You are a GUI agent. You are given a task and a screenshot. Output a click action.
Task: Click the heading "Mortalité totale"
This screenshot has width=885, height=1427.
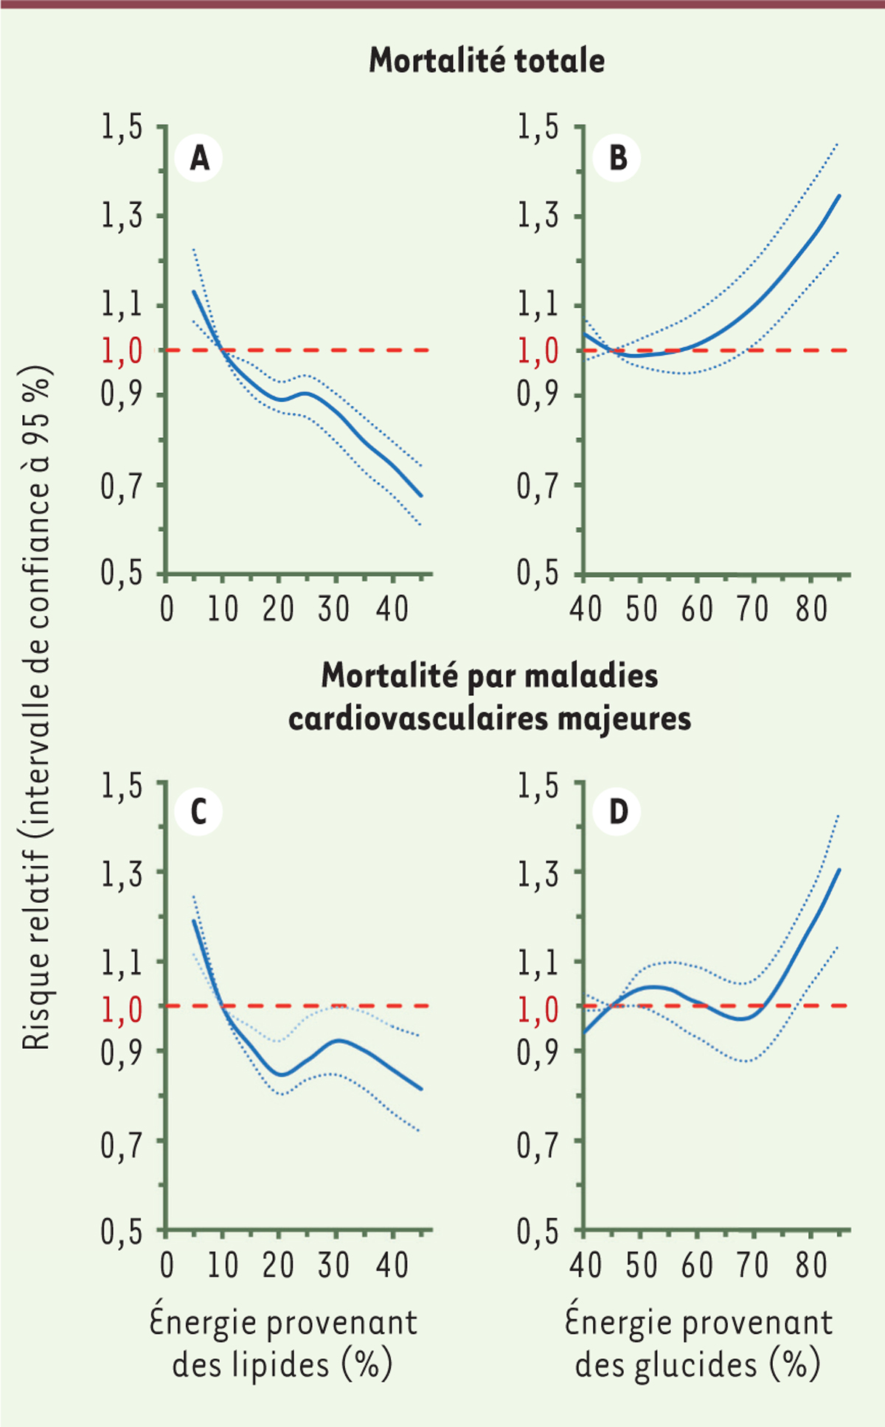487,60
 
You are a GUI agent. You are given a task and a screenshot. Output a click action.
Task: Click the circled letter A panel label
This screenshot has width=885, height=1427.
199,158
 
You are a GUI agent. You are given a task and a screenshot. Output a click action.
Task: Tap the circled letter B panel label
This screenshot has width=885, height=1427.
617,158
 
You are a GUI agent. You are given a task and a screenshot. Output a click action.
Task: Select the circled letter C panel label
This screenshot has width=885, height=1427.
198,812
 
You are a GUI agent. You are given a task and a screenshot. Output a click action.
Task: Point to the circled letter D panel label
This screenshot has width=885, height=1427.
617,812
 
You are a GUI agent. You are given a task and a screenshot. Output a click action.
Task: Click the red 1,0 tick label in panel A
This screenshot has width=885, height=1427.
122,351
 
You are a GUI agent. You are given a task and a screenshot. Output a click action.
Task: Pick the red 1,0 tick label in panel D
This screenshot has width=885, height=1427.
538,1008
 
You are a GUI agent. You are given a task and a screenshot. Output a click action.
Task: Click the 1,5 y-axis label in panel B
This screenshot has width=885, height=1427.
538,127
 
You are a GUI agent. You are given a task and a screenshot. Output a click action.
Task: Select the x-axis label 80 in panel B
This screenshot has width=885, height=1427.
811,610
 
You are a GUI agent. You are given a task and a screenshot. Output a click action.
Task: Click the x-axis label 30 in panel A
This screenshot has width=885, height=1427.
334,610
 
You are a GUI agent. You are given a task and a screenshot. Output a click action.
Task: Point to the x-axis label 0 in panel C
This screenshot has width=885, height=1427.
167,1266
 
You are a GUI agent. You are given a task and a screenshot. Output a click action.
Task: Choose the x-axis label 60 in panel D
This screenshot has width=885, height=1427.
697,1266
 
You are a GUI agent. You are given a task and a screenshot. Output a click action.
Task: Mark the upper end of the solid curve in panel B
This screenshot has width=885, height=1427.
839,196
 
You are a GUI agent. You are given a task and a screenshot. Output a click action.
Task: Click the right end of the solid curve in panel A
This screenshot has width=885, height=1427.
421,495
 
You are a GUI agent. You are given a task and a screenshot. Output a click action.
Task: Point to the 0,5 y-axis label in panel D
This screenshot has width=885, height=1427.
538,1232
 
